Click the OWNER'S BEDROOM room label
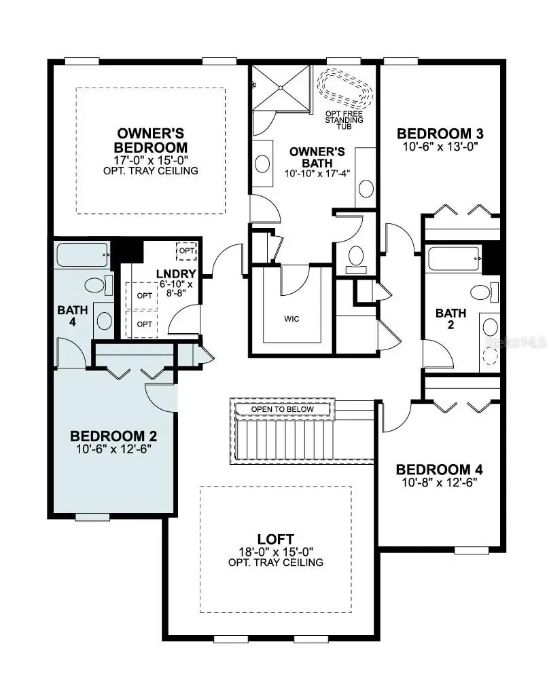[x=151, y=140]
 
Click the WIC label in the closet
[x=292, y=318]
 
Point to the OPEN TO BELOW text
[x=283, y=409]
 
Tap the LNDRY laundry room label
[x=176, y=273]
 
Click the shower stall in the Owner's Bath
[x=281, y=86]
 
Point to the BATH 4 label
[x=72, y=316]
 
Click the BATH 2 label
[x=450, y=320]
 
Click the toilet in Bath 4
[x=96, y=284]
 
